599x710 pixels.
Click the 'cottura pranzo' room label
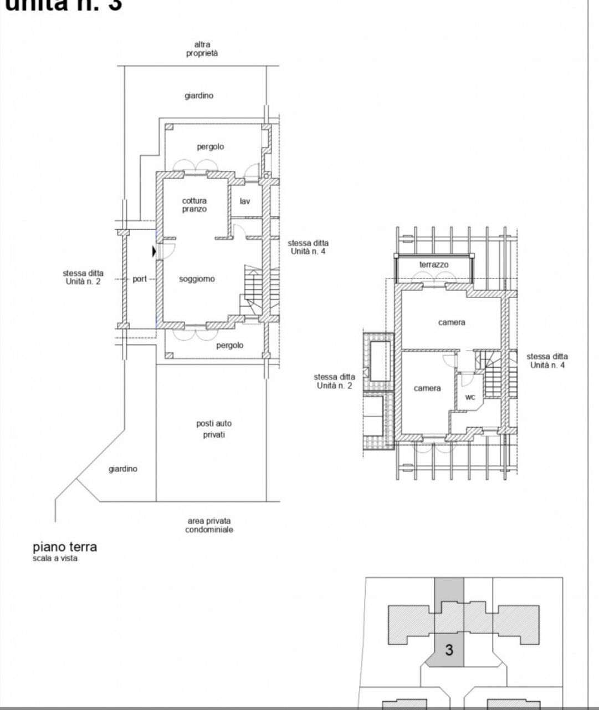(194, 205)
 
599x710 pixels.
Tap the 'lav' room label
(244, 201)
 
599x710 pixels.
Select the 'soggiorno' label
(197, 279)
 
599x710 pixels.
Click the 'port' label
(140, 279)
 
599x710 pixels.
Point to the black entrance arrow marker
(153, 252)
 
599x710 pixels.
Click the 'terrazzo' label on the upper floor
(434, 265)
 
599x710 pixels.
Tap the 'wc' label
(470, 397)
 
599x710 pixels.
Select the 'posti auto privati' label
(214, 429)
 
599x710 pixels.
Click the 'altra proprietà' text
(202, 49)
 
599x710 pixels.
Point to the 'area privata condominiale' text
(209, 525)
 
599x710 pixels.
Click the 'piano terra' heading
(65, 546)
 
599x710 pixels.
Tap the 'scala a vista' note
(55, 559)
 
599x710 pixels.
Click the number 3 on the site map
(449, 650)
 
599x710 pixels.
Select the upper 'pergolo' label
(211, 147)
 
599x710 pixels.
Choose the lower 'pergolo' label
(229, 345)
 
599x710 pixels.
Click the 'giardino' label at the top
(199, 95)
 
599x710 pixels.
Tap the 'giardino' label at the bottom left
(122, 469)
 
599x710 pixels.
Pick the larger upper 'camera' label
(452, 322)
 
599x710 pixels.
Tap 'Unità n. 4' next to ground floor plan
(308, 251)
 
